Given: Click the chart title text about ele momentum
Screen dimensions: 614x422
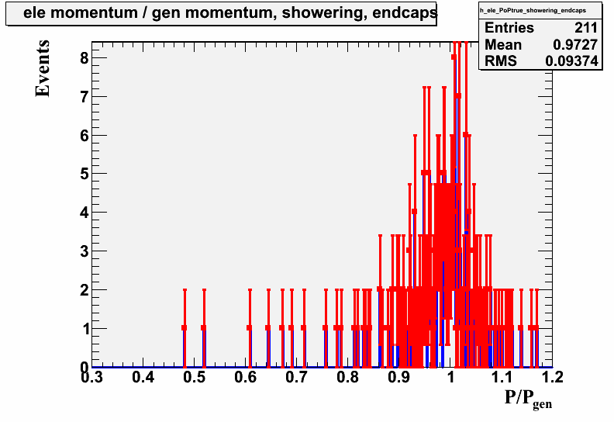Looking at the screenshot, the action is coord(229,12).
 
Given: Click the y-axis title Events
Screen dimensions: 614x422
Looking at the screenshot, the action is coord(43,68).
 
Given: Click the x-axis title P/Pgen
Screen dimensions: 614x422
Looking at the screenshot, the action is coord(528,400).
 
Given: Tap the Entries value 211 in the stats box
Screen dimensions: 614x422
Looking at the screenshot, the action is coord(586,28).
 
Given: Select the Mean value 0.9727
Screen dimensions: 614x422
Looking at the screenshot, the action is coord(575,45).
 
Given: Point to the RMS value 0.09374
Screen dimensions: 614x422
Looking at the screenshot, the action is coord(571,61).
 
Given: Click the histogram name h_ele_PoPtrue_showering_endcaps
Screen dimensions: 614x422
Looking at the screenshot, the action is coord(533,10).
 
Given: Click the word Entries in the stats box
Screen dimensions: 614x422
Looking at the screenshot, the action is coord(509,28).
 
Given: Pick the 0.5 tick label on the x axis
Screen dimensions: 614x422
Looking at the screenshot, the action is coord(195,377).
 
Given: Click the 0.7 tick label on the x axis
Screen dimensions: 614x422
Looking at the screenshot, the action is coord(296,377).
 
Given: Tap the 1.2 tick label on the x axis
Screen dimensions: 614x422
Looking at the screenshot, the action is coord(553,377).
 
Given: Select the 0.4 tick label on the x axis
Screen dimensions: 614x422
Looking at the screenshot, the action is coord(143,377).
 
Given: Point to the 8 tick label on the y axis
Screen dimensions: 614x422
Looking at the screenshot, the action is coord(85,58).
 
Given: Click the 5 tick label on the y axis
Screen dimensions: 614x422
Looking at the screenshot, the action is coord(85,174).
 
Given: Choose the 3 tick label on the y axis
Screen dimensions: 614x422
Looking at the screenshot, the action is coord(85,251).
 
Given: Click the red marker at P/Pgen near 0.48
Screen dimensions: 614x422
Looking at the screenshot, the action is coord(185,328).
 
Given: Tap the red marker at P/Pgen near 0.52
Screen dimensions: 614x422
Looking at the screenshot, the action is coord(204,328).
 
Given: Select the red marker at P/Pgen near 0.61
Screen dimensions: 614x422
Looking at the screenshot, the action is coord(250,328).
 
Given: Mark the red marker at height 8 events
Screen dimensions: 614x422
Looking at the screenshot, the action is coord(454,57).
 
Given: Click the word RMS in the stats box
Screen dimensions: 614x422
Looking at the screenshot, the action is coord(501,61).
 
